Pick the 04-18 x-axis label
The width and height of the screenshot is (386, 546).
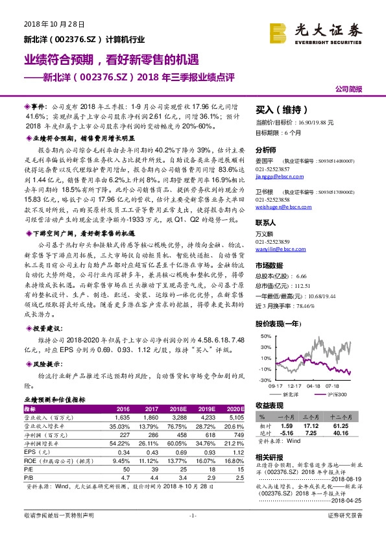(x=314, y=385)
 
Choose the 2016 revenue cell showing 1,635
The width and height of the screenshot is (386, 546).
(x=121, y=418)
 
